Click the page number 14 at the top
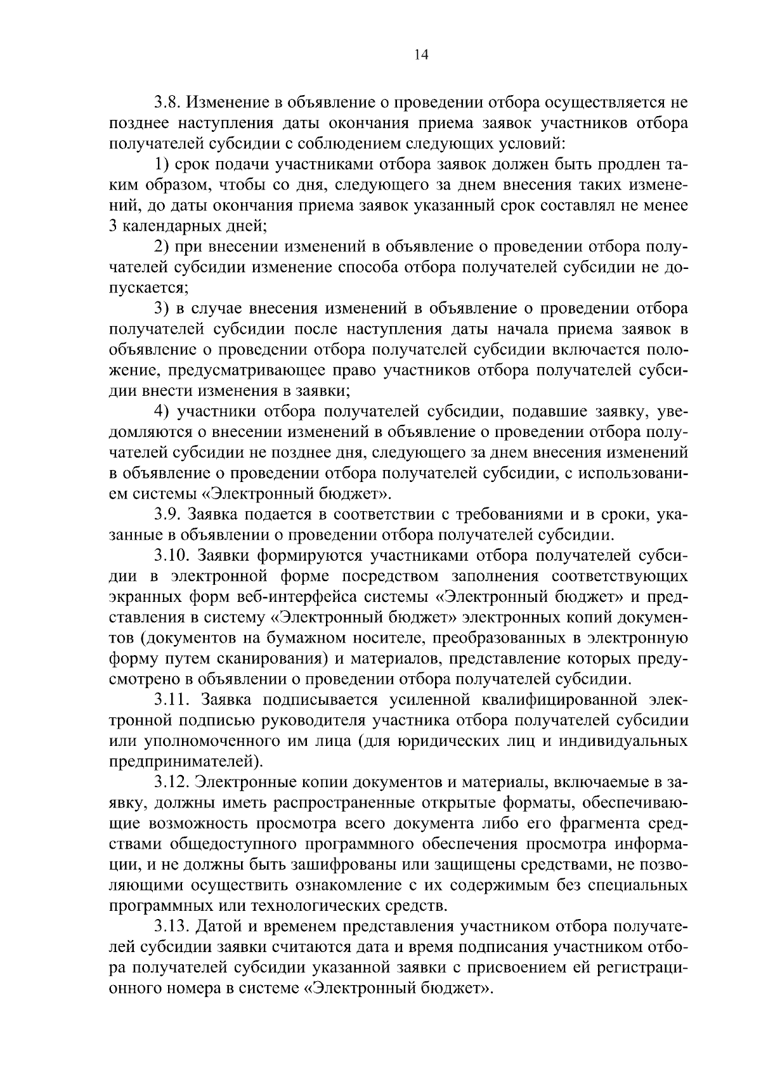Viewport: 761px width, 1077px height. tap(421, 55)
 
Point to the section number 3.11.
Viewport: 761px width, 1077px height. tap(171, 700)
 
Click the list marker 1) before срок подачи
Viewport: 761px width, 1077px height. tap(162, 164)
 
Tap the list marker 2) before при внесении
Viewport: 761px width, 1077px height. tap(162, 247)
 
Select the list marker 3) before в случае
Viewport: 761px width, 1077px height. tap(162, 309)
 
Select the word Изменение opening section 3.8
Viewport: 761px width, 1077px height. tap(229, 102)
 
